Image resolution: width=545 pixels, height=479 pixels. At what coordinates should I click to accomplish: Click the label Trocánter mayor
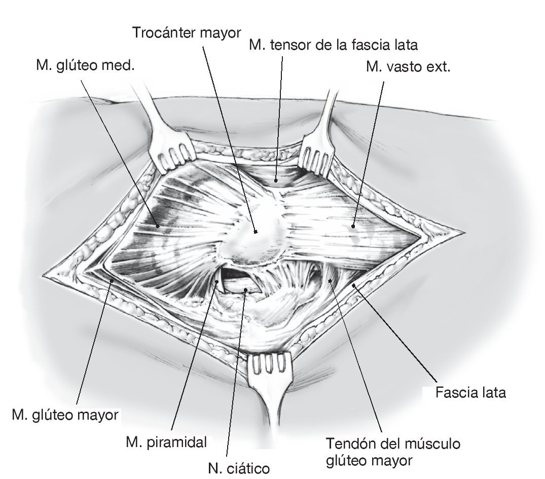coord(186,33)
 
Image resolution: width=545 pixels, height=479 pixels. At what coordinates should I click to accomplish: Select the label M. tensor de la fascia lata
coord(333,45)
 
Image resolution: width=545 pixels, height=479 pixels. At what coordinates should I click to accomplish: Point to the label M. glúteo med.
coord(86,65)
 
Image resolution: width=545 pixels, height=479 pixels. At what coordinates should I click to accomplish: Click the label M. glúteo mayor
coord(64,416)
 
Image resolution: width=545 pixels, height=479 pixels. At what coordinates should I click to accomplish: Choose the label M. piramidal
coord(166,441)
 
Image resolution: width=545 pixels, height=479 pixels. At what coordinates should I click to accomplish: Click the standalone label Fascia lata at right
coord(470,393)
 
